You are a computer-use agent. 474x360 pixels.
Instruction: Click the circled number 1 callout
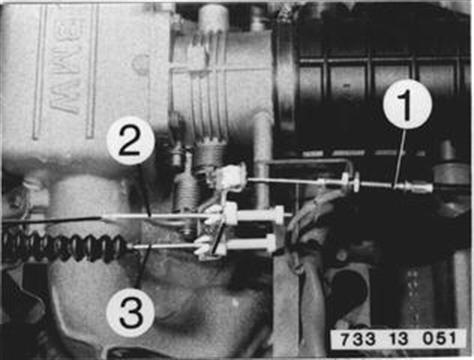tap(407, 104)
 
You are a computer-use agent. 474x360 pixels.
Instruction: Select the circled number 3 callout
tap(131, 314)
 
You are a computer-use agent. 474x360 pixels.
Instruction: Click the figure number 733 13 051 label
tap(398, 339)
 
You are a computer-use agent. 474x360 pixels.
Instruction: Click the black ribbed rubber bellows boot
tap(65, 248)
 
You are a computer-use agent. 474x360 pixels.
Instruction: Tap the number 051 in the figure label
tap(439, 339)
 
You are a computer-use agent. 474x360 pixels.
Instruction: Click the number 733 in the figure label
tap(358, 339)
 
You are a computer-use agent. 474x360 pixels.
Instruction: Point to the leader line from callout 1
tap(400, 158)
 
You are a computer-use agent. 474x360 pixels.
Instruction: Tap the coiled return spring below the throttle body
tap(185, 202)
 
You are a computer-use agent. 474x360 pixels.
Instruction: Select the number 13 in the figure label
tap(399, 339)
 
